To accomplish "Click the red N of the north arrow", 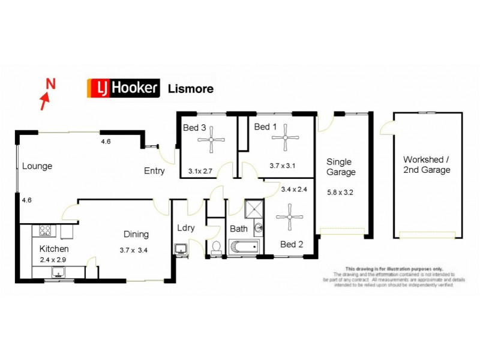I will tap(51, 85).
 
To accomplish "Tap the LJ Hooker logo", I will tap(124, 88).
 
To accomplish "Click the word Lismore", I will tap(190, 89).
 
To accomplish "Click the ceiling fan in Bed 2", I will tap(290, 217).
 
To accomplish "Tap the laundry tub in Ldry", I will tap(180, 248).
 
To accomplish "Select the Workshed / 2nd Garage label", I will tap(427, 164).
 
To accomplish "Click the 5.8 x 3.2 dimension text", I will tap(341, 193).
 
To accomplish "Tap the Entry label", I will tap(154, 171).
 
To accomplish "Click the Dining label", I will tap(136, 234).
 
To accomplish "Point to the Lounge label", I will tap(37, 166).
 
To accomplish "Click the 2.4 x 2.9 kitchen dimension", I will tap(54, 260).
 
